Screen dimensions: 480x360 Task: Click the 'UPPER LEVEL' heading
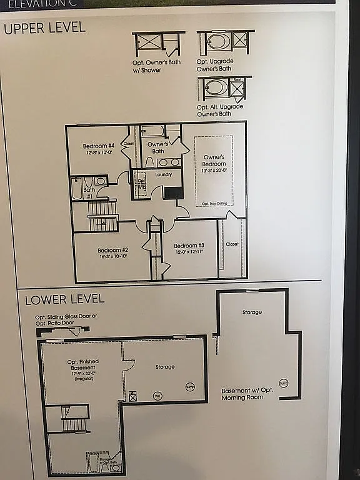44,28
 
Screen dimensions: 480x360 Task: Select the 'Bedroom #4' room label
99,146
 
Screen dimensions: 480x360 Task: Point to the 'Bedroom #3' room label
189,246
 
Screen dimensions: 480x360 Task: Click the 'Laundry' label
164,174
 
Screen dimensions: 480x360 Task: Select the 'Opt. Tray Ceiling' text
214,204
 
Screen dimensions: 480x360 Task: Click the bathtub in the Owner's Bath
152,131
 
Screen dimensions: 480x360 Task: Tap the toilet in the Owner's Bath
149,162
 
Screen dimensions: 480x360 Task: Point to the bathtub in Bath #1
77,189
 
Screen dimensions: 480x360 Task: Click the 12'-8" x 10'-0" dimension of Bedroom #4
98,152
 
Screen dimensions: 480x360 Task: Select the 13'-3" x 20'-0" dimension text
214,171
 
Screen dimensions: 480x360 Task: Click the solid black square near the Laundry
173,192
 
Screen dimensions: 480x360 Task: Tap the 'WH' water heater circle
157,396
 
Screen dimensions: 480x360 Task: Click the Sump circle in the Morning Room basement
284,382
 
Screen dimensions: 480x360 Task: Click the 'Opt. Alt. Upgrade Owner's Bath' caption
221,110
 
